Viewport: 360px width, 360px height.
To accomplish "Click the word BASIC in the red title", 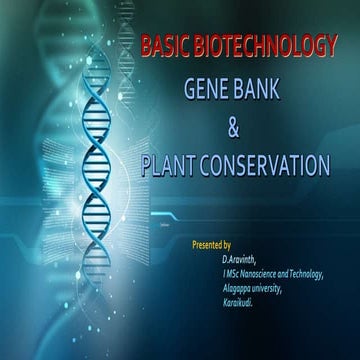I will click(164, 47).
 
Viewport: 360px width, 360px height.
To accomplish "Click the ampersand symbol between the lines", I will click(235, 126).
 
